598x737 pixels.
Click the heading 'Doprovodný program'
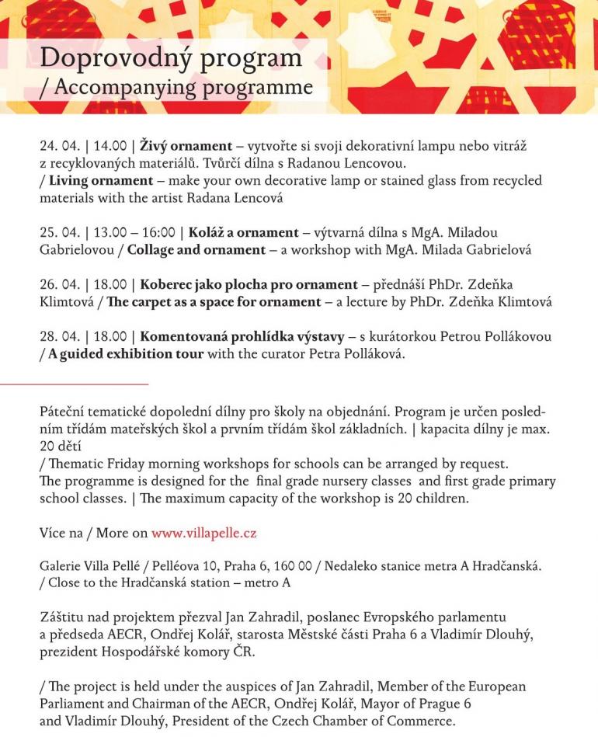[x=170, y=57]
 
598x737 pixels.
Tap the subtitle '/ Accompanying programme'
[x=176, y=87]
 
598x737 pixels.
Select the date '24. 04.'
[x=60, y=146]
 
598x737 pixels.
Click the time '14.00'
[x=110, y=146]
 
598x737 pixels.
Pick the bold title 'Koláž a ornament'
[x=243, y=233]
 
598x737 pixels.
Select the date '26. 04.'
[x=60, y=285]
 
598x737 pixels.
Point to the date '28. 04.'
[x=60, y=337]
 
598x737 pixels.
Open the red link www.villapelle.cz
[x=204, y=534]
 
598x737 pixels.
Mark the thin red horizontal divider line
[x=74, y=384]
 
